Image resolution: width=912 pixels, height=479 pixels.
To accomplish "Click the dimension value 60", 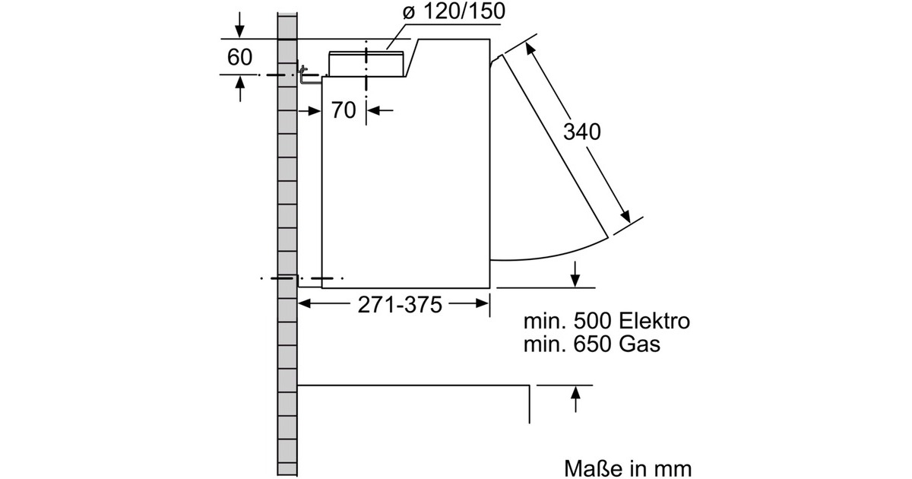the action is (x=239, y=57).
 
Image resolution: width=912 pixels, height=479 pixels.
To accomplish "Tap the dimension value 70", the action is (x=344, y=110).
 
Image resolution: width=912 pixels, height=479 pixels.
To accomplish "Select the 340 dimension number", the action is (x=582, y=132).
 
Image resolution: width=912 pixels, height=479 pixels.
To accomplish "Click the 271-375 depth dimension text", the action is (x=400, y=305).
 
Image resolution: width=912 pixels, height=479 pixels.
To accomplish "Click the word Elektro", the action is (x=654, y=321).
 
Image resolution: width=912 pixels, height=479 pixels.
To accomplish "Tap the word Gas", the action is (x=639, y=344).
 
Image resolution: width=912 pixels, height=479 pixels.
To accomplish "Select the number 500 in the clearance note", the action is (x=592, y=321).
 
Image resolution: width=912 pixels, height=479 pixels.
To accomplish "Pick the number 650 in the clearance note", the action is (x=592, y=344).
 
